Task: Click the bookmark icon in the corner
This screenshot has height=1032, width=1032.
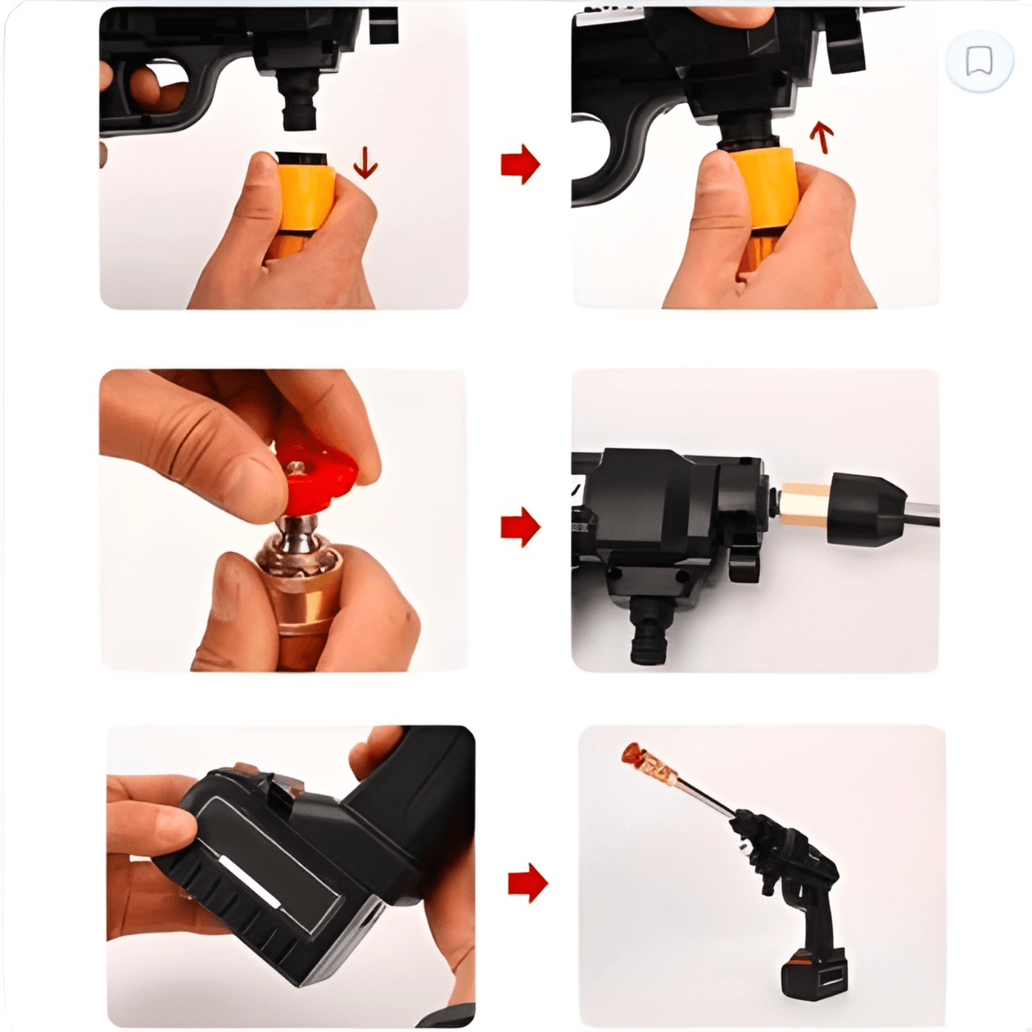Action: pyautogui.click(x=978, y=61)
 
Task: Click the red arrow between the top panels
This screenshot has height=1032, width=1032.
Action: pyautogui.click(x=520, y=164)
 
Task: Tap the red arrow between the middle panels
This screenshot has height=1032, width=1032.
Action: pyautogui.click(x=520, y=527)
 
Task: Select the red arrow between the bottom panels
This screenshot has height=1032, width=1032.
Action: pyautogui.click(x=527, y=883)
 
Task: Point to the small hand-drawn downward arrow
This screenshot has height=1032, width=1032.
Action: pyautogui.click(x=366, y=163)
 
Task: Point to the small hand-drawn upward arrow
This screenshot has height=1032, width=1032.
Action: pyautogui.click(x=822, y=137)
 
